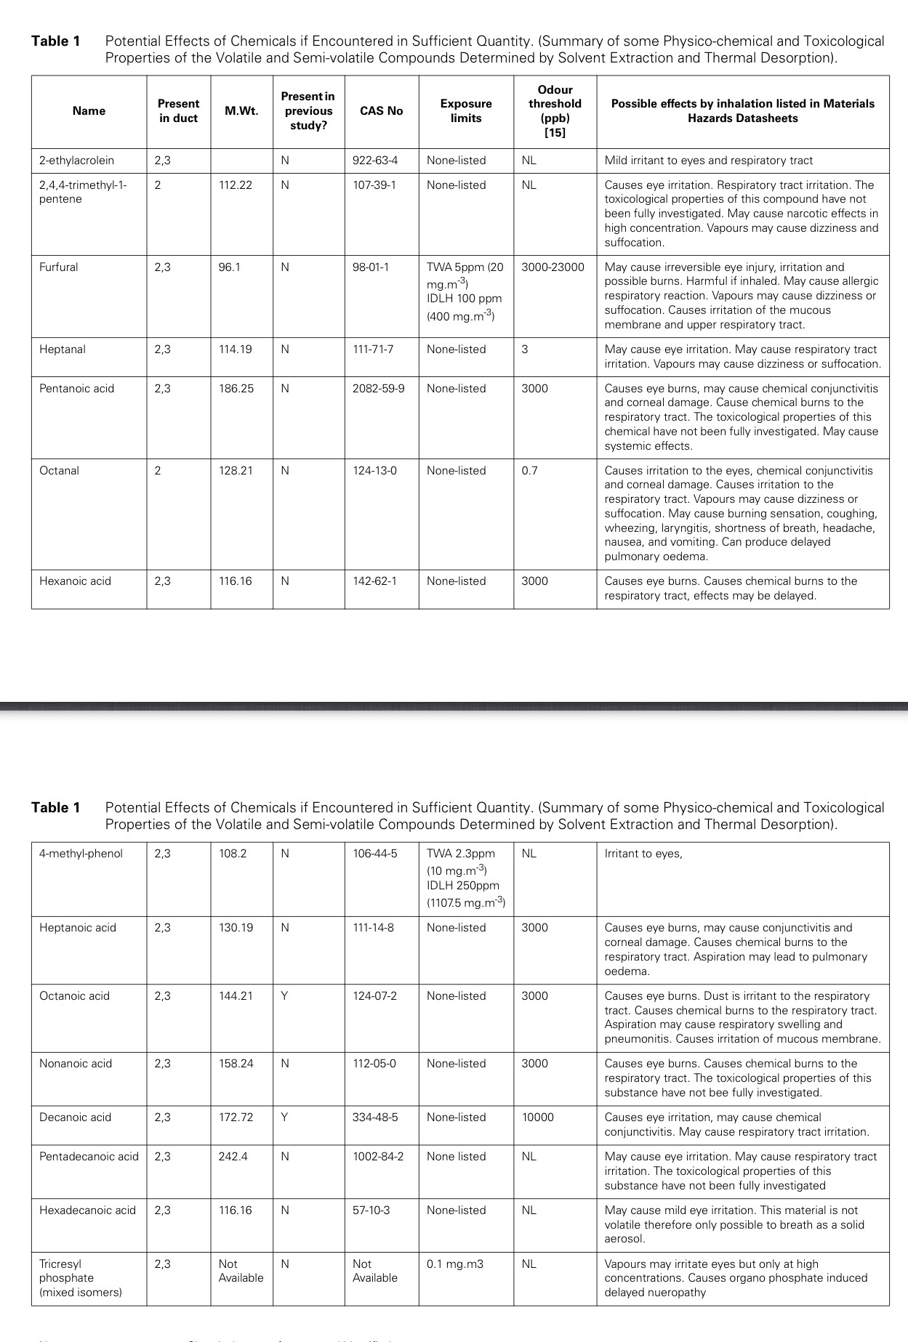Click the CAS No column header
[381, 111]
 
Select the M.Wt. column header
[241, 111]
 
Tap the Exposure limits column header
[466, 111]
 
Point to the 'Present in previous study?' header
[308, 111]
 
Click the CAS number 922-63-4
[375, 161]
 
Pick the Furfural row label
[59, 267]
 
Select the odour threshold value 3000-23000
[553, 267]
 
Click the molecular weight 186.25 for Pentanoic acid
[236, 389]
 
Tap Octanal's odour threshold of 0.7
[530, 471]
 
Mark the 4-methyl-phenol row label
[81, 854]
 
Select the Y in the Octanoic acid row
[284, 996]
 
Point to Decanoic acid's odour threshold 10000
[538, 1117]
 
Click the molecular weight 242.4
[233, 1157]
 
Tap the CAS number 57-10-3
[371, 1210]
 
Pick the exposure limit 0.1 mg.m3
[455, 1264]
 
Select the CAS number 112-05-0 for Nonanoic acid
[375, 1064]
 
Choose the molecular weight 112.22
[236, 185]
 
